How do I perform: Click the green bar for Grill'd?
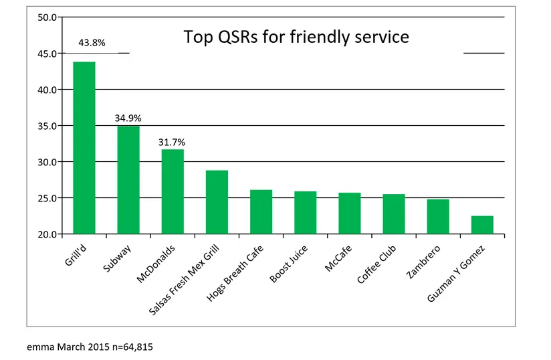(x=84, y=148)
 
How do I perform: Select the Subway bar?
(x=128, y=180)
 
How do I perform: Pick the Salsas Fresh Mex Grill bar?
(x=217, y=202)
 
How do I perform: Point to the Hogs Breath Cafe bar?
(x=261, y=212)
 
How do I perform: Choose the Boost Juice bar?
(x=306, y=213)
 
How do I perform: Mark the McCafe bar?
(x=350, y=213)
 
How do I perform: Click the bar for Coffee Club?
(x=394, y=214)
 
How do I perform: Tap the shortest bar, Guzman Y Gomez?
(x=482, y=225)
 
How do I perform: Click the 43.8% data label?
(x=92, y=43)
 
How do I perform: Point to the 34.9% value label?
(x=128, y=118)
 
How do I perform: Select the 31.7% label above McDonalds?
(x=173, y=142)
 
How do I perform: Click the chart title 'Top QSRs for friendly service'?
(x=296, y=37)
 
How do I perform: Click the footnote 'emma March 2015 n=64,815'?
(x=85, y=347)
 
